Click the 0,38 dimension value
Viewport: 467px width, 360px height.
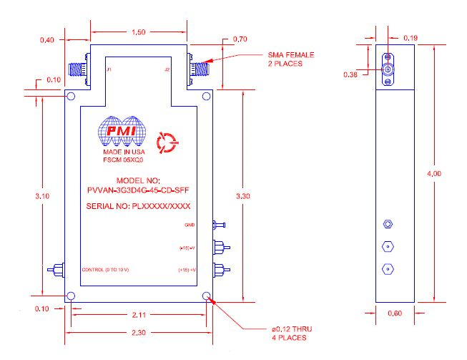(x=350, y=74)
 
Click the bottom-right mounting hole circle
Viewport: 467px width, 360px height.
(x=207, y=296)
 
